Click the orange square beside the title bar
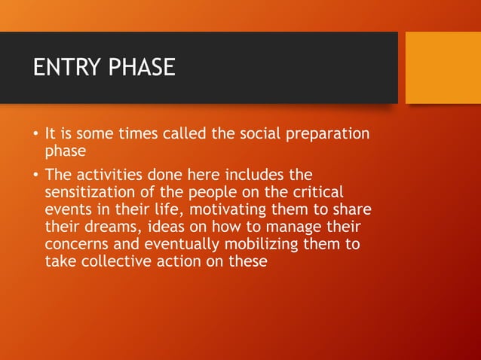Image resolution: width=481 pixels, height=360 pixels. [443, 68]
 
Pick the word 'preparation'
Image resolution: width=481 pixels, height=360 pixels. [328, 135]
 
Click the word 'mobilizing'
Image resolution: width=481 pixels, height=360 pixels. [261, 245]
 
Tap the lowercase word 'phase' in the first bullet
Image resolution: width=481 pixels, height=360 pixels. [66, 151]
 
